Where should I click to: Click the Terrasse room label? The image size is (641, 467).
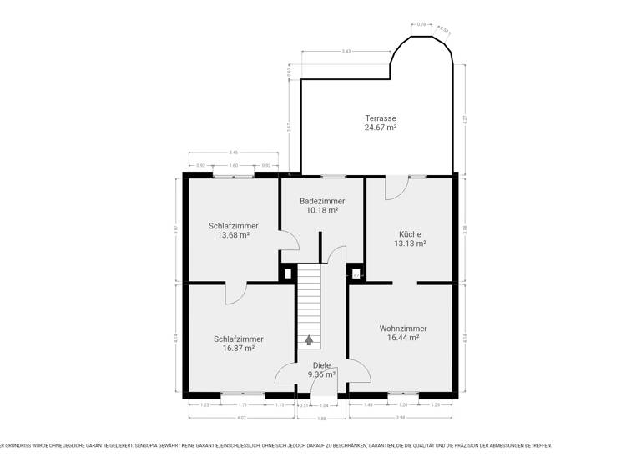point(380,118)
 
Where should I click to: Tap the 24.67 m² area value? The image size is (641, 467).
point(380,128)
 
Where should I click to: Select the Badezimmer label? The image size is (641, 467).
point(322,201)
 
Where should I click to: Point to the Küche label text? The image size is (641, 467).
point(410,234)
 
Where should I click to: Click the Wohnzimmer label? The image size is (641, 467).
point(402,328)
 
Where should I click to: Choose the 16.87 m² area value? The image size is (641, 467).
point(238,349)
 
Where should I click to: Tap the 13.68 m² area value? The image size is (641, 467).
point(234,235)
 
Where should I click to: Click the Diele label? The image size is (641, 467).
point(321,365)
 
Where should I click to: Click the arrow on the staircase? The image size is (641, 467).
point(310,339)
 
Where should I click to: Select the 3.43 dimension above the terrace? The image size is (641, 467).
point(346,52)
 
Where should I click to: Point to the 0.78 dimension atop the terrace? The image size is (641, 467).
point(421,24)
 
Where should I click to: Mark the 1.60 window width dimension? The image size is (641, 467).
point(234,166)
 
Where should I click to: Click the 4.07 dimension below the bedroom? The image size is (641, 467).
point(241,417)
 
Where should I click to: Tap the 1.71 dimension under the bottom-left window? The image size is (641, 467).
point(243,404)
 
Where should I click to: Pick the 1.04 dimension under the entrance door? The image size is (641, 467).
point(325,404)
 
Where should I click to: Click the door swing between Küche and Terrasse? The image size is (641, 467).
point(395,188)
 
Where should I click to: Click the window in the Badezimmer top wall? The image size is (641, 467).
point(333,176)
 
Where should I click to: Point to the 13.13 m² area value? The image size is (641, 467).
point(410,244)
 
